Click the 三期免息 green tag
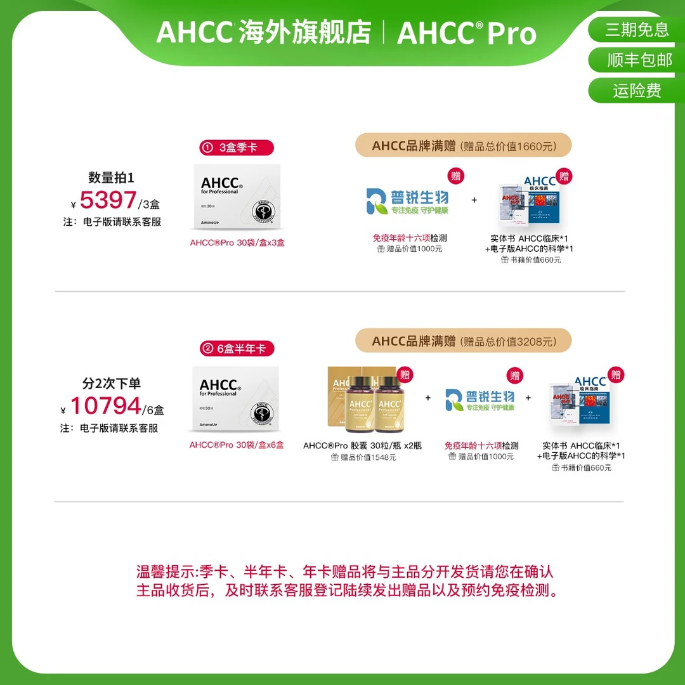(636, 29)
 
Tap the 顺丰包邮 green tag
(636, 60)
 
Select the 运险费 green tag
(636, 90)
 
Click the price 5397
(108, 200)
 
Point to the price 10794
(105, 406)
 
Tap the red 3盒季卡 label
(237, 148)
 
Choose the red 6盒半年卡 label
(237, 348)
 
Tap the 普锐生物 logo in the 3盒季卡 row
(408, 200)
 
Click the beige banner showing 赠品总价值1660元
(463, 145)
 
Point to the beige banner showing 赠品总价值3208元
(463, 341)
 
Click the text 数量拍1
(111, 178)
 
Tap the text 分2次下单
(111, 383)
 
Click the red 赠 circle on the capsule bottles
(404, 374)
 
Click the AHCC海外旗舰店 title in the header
(263, 32)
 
